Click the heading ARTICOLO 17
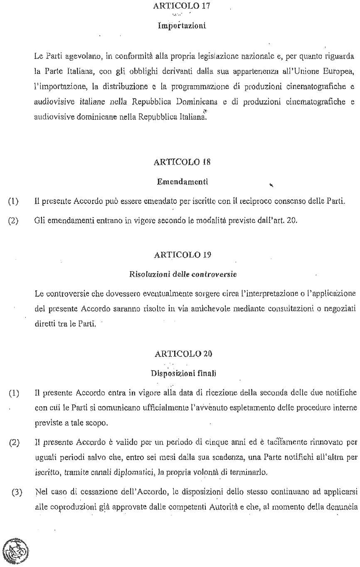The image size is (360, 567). pyautogui.click(x=182, y=6)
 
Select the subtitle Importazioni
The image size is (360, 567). pyautogui.click(x=182, y=26)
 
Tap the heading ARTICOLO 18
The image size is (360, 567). pyautogui.click(x=182, y=162)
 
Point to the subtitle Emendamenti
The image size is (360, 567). pyautogui.click(x=182, y=182)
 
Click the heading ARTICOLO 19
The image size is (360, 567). pyautogui.click(x=182, y=255)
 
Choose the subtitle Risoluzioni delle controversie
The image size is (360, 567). pyautogui.click(x=183, y=275)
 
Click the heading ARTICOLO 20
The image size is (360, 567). pyautogui.click(x=183, y=354)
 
